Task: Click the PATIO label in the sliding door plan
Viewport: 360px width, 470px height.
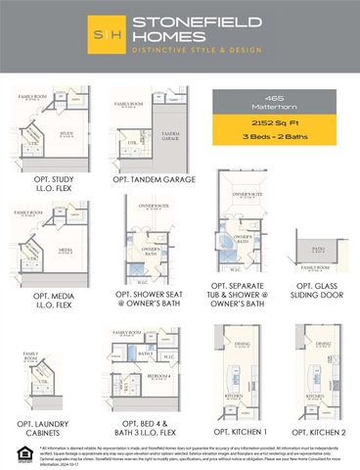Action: [x=317, y=250]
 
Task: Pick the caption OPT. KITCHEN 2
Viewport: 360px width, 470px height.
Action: [x=314, y=430]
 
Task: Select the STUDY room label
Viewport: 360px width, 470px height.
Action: [x=39, y=133]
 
